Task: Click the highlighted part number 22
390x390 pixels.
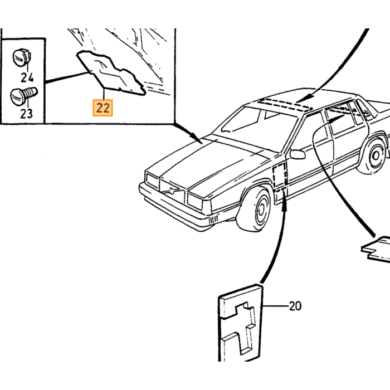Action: (x=103, y=108)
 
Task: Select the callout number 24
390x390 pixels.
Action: (x=27, y=77)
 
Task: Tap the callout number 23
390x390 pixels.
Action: (x=26, y=114)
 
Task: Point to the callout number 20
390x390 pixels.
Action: (x=295, y=306)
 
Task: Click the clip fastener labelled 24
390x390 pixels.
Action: (x=22, y=57)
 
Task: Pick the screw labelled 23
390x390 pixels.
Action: (x=23, y=96)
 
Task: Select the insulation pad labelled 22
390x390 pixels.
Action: (x=111, y=73)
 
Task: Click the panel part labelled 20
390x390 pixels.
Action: (x=240, y=323)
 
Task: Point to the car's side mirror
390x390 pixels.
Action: (x=298, y=154)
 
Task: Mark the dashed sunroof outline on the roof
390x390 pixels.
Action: (x=284, y=104)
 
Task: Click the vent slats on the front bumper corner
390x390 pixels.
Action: (x=213, y=220)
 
